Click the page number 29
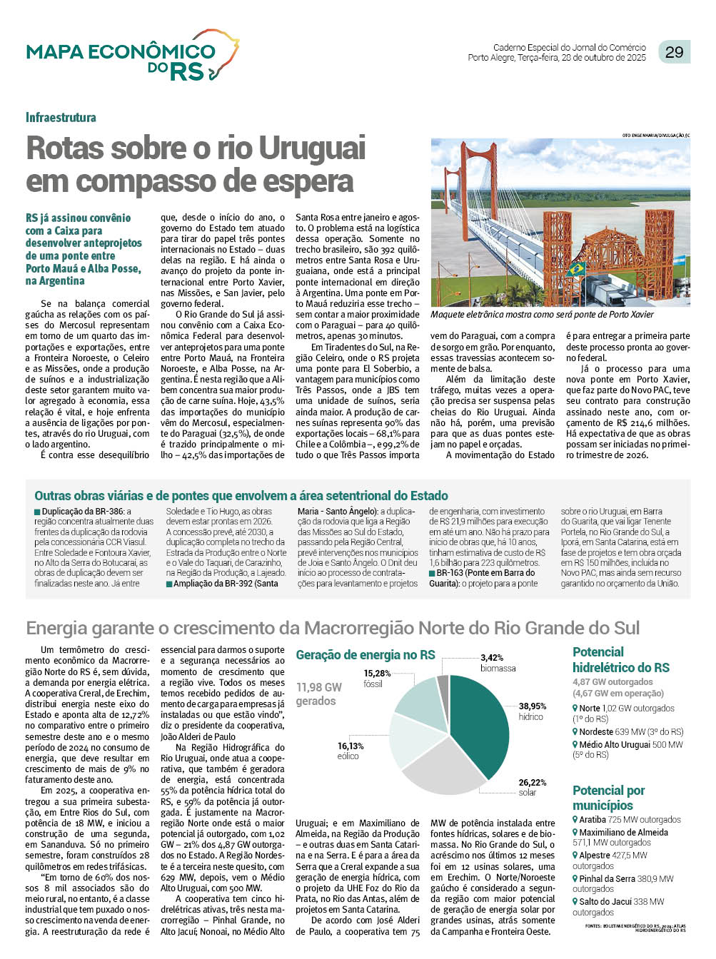[x=674, y=51]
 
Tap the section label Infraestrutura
[x=61, y=118]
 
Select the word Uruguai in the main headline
[x=312, y=148]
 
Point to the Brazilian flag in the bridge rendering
[x=575, y=270]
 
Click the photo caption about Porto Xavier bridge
[x=542, y=315]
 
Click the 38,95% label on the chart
[x=533, y=706]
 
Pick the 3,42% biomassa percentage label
[x=493, y=658]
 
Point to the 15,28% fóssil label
[x=377, y=674]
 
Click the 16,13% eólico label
[x=351, y=746]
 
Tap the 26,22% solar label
[x=533, y=783]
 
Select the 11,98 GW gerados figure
[x=319, y=694]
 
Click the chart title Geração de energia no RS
[x=365, y=655]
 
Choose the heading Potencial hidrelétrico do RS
[x=620, y=659]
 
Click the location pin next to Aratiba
[x=575, y=820]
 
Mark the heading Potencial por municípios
[x=608, y=797]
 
